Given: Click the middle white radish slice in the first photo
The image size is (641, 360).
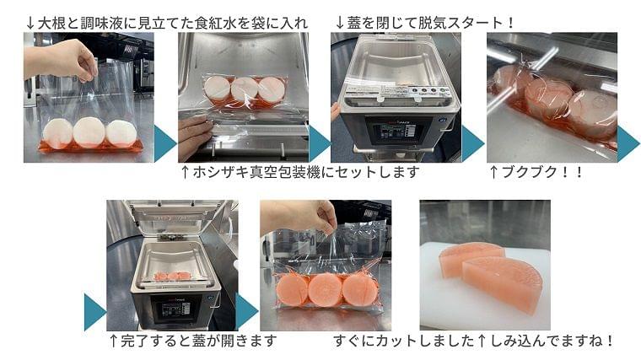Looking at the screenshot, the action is click(89, 132).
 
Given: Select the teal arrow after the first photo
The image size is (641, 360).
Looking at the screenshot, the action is click(165, 143).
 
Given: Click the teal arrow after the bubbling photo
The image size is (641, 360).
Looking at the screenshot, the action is click(628, 143).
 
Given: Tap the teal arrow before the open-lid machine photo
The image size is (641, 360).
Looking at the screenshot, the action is click(94, 312).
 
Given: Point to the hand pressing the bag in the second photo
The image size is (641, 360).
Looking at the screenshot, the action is click(194, 138).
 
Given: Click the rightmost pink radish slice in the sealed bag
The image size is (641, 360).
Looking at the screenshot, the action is click(360, 289).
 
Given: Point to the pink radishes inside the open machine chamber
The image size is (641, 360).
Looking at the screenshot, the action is click(173, 277).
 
